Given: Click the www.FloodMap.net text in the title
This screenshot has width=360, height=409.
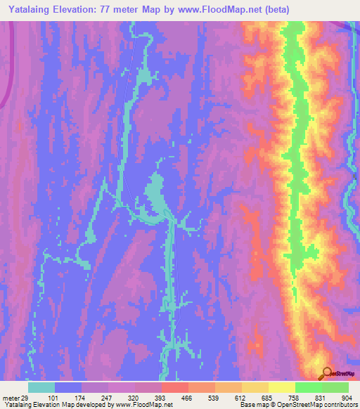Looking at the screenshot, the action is pos(214,10).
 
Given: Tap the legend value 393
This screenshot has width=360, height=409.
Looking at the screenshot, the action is pos(161,398).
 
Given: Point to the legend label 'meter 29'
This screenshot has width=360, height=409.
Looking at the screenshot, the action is pos(15,398).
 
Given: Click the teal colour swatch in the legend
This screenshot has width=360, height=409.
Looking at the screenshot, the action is pos(41,387).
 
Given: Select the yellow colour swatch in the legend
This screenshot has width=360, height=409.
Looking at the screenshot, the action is pos(281,387).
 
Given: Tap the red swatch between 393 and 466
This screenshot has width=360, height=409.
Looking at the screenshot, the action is pos(174,387).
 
